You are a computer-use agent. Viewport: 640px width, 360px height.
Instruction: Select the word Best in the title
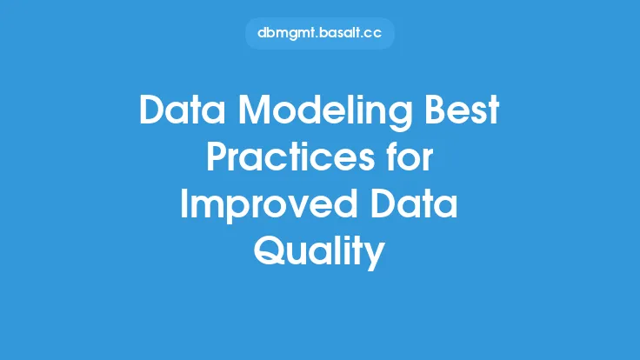click(x=462, y=110)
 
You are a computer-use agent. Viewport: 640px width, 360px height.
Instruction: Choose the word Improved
click(x=269, y=206)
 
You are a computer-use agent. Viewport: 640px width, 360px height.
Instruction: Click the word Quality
click(x=319, y=252)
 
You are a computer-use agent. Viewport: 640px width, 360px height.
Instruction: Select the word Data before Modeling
click(x=183, y=110)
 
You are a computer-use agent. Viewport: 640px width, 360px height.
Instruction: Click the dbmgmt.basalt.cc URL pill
click(x=320, y=33)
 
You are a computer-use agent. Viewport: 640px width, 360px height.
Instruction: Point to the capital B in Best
click(x=435, y=110)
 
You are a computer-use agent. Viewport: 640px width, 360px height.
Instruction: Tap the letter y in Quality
click(x=375, y=256)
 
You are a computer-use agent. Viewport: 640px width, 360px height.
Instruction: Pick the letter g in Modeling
click(x=401, y=116)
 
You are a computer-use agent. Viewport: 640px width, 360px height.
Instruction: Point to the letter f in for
click(x=393, y=157)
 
